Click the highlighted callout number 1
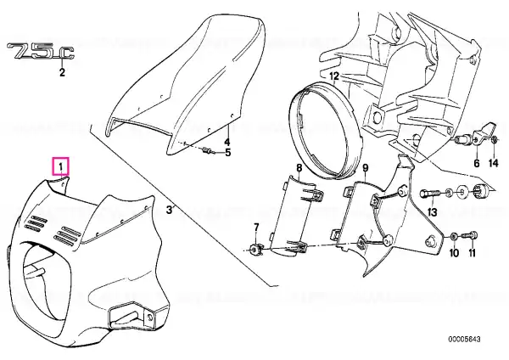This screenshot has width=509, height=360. (61, 167)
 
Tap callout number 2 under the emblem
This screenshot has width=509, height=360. (62, 72)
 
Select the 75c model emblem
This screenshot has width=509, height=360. (40, 51)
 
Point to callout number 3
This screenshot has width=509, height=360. (169, 210)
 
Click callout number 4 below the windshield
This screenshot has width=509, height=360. (227, 142)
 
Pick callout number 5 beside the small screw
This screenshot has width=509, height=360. (228, 152)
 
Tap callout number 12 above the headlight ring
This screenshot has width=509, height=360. (334, 76)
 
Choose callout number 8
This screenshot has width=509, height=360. (299, 167)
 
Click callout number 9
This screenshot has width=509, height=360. (366, 167)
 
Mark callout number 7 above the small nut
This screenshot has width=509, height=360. (256, 227)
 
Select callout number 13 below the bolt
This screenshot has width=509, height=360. (433, 212)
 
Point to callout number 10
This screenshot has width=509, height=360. (454, 252)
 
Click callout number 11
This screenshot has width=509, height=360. (472, 252)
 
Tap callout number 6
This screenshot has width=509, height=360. (477, 163)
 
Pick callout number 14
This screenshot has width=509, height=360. (493, 163)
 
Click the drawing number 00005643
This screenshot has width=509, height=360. (464, 340)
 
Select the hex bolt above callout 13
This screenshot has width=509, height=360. (430, 194)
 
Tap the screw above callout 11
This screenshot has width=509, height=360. (470, 234)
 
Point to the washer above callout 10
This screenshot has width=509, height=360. (454, 236)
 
